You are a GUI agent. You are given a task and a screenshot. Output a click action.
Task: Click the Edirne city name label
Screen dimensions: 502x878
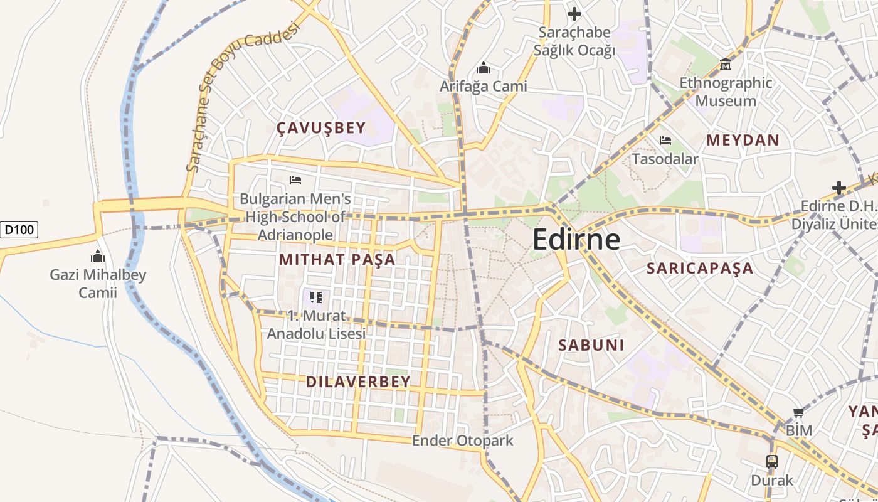[x=576, y=240]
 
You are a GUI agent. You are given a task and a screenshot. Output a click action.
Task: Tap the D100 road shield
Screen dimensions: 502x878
[x=19, y=230]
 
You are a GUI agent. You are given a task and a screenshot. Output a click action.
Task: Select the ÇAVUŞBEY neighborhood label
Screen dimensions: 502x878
[x=321, y=129]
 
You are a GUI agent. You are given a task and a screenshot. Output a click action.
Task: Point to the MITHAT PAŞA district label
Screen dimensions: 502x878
[x=337, y=259]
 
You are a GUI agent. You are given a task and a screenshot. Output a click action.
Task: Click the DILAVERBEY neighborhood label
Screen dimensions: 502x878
[x=358, y=382]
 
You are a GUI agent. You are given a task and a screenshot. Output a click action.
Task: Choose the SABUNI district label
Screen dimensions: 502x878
[x=591, y=344]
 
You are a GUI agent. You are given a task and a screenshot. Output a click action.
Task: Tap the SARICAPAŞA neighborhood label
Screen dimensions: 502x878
[x=700, y=269]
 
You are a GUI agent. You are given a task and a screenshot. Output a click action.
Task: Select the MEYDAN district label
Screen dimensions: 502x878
[x=743, y=140]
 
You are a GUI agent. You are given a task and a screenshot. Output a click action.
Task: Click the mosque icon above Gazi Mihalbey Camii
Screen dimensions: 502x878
[x=97, y=256]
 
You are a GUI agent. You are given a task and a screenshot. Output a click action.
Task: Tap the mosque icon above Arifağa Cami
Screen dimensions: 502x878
[x=484, y=67]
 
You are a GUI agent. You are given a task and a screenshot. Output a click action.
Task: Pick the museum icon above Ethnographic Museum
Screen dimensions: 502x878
[x=726, y=64]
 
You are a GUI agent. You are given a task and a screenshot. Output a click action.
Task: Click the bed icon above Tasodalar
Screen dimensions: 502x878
[x=665, y=141]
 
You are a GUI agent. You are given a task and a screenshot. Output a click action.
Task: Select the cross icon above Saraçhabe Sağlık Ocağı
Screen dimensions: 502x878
[x=574, y=13]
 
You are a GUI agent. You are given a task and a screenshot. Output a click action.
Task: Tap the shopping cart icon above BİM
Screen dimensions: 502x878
[x=798, y=412]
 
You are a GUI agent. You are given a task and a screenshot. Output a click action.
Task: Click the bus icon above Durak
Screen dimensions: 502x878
[x=772, y=462]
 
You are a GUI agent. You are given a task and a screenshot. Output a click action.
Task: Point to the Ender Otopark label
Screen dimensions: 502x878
[x=462, y=441]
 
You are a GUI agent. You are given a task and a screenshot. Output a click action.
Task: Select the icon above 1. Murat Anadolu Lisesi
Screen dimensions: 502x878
[x=316, y=297]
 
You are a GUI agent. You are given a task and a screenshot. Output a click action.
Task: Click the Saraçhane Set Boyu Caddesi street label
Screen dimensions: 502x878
[x=240, y=100]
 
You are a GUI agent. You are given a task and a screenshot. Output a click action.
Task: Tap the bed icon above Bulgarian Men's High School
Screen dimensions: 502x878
[x=295, y=180]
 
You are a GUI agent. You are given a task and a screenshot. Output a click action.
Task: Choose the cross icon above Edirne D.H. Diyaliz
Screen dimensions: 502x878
[x=838, y=188]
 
